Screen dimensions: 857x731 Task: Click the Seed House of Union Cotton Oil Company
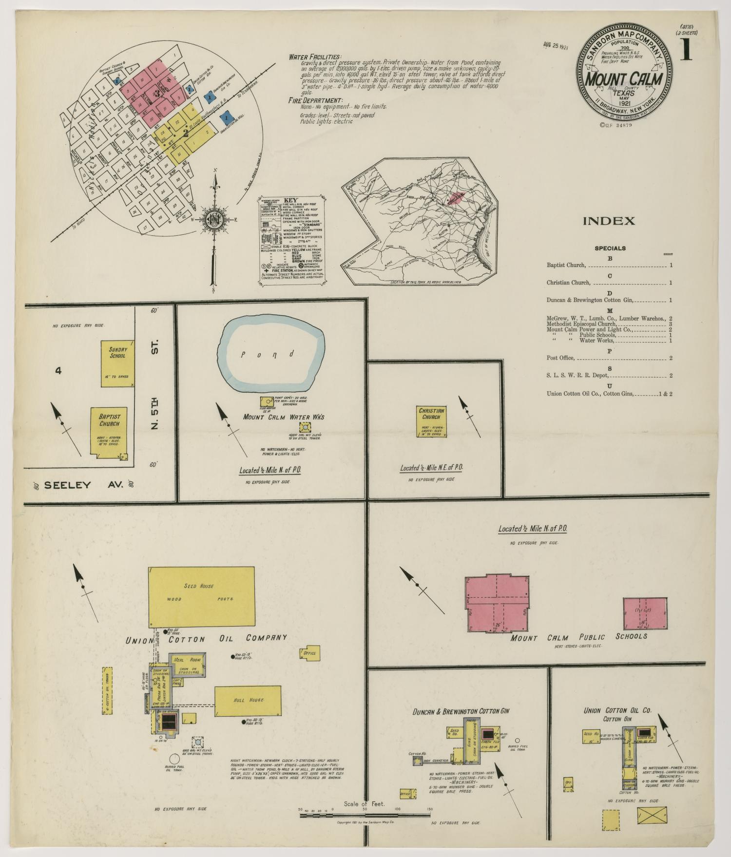tap(202, 596)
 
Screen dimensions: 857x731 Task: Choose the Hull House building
tap(248, 700)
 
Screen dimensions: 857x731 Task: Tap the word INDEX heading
tap(609, 221)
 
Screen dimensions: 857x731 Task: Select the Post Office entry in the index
tap(561, 358)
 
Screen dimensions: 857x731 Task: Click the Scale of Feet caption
tap(364, 803)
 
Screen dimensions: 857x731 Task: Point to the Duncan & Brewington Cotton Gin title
tap(461, 711)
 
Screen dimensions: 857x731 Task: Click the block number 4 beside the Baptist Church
tap(58, 371)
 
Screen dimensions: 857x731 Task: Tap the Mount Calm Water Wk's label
tap(284, 417)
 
